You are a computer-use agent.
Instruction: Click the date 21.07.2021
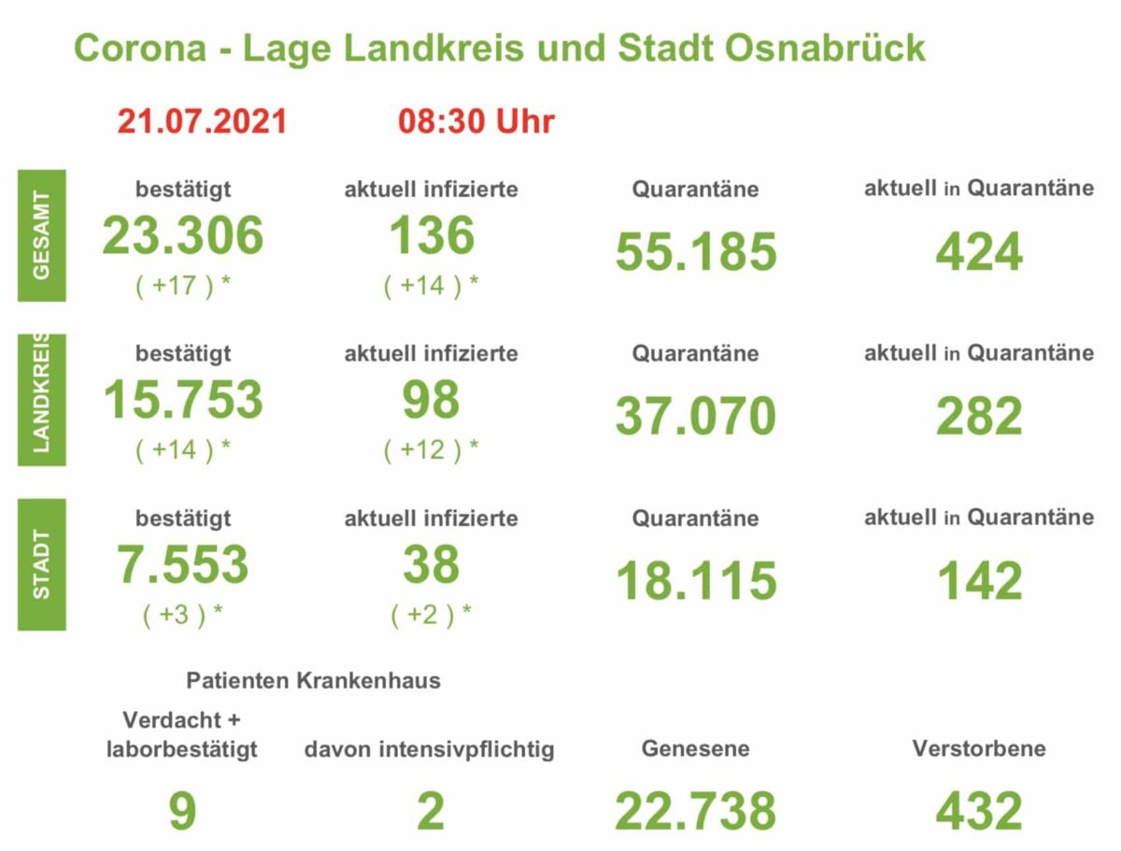[x=202, y=121]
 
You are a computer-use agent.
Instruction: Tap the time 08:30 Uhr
[x=475, y=121]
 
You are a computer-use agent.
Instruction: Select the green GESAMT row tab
[x=42, y=235]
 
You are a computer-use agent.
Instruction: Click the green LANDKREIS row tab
[x=42, y=400]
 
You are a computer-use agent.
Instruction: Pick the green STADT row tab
[x=42, y=564]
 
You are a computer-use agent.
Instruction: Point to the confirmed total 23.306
[x=183, y=235]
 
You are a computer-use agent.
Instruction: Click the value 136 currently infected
[x=432, y=235]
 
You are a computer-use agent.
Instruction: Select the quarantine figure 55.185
[x=696, y=252]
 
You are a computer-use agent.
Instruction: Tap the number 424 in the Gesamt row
[x=979, y=252]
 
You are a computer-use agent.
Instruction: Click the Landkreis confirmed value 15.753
[x=183, y=400]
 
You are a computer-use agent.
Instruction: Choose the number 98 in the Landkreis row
[x=432, y=400]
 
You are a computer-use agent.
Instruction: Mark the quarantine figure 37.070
[x=696, y=417]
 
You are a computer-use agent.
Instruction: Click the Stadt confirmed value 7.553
[x=183, y=564]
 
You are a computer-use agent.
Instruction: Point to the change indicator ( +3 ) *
[x=183, y=615]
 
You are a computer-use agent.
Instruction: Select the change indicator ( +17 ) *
[x=183, y=286]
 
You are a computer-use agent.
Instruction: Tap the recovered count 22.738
[x=696, y=811]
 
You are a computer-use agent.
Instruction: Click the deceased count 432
[x=979, y=811]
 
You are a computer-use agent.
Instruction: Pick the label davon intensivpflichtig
[x=430, y=749]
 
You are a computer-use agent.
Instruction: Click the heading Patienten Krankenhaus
[x=313, y=680]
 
